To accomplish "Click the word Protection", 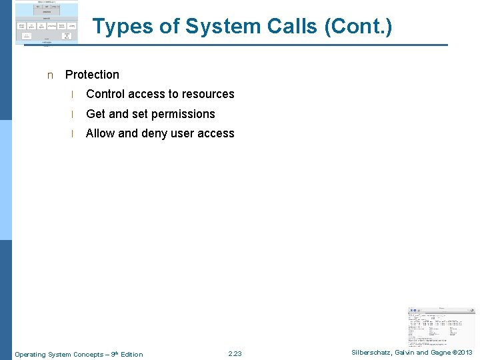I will coord(92,75).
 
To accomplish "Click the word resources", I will coord(207,94).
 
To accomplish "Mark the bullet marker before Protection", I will coord(49,75).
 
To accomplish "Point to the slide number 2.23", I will coord(235,353).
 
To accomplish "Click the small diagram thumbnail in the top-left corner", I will coord(46,23).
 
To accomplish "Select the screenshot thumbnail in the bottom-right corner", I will coord(441,327).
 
